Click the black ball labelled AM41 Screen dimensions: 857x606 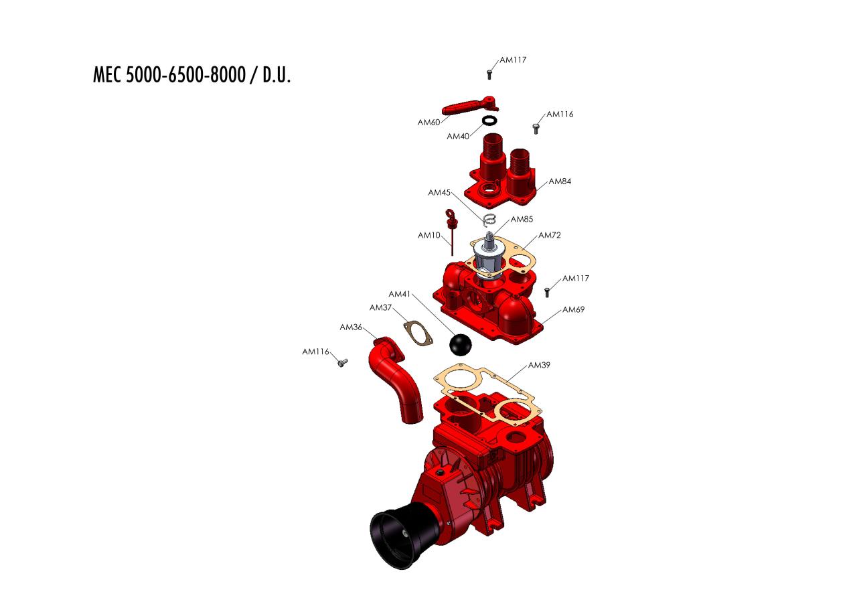coord(460,344)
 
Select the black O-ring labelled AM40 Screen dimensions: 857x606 coord(489,121)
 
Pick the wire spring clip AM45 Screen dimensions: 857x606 coord(489,219)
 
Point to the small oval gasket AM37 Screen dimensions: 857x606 coord(418,333)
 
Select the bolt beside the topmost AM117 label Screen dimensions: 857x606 coord(489,74)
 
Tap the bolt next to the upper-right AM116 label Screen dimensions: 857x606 coord(536,129)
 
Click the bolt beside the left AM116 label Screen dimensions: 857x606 coord(343,362)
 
